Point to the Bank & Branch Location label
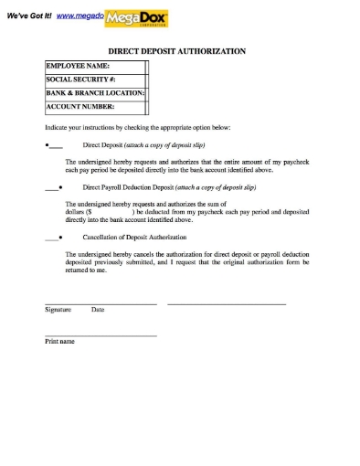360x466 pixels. (95, 92)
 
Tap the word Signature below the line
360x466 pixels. (58, 310)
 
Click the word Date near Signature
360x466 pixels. (98, 310)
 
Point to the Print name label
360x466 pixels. (59, 342)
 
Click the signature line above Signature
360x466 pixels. (101, 303)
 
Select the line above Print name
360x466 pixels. (101, 335)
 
